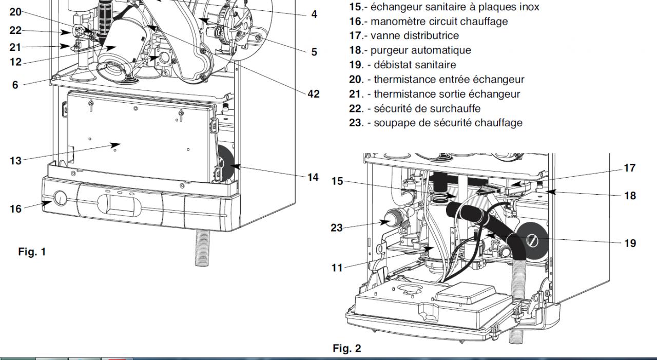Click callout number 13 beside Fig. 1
click(16, 161)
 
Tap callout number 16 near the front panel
click(16, 209)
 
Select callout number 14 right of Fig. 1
click(313, 178)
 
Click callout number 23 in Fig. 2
click(337, 228)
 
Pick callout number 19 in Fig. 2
click(630, 243)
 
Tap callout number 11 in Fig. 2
click(337, 268)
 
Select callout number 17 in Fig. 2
click(630, 167)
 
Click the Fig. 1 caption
click(32, 252)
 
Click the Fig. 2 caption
click(346, 349)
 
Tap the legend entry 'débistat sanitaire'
click(415, 65)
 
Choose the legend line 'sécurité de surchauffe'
click(427, 109)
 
